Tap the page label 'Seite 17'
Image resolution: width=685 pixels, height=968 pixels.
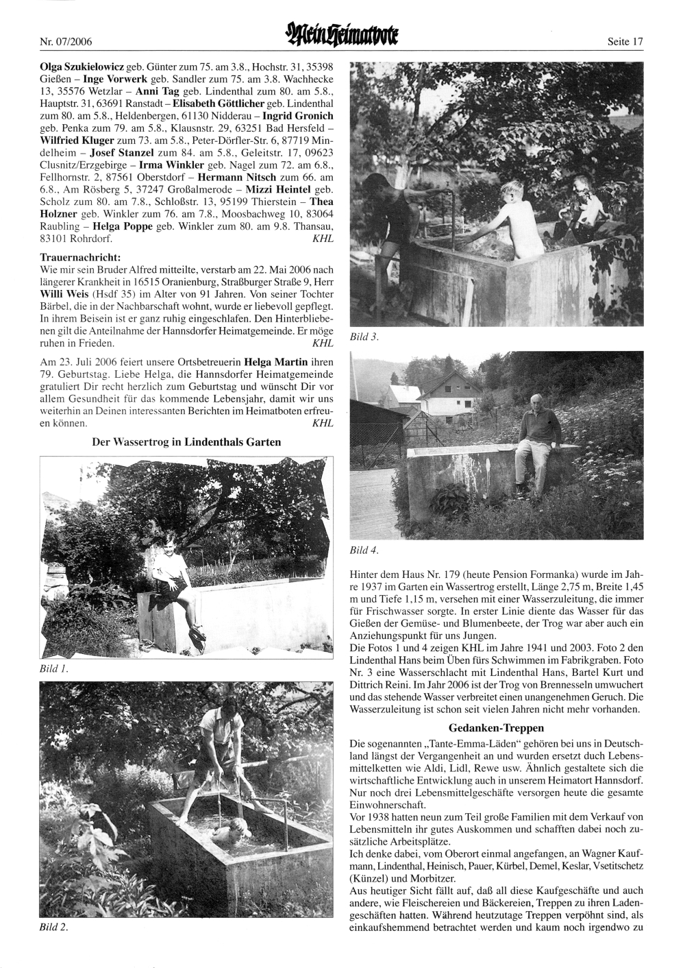click(625, 43)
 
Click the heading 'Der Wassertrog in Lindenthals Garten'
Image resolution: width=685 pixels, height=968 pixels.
click(186, 442)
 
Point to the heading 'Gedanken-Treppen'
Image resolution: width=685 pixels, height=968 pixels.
click(496, 727)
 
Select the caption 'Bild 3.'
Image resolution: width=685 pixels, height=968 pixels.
click(364, 337)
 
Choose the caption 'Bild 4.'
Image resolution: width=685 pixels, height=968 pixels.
click(364, 550)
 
